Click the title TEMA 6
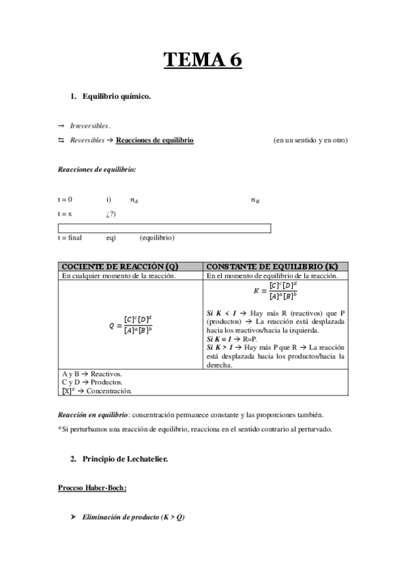click(203, 60)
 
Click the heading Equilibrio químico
click(116, 97)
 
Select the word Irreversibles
click(91, 126)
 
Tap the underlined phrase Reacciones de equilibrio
click(155, 140)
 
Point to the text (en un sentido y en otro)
click(310, 140)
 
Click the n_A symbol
click(134, 200)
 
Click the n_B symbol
click(255, 200)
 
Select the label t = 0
click(66, 200)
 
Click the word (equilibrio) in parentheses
click(157, 238)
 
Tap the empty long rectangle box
click(165, 228)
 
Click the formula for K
click(275, 292)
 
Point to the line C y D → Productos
click(92, 382)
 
